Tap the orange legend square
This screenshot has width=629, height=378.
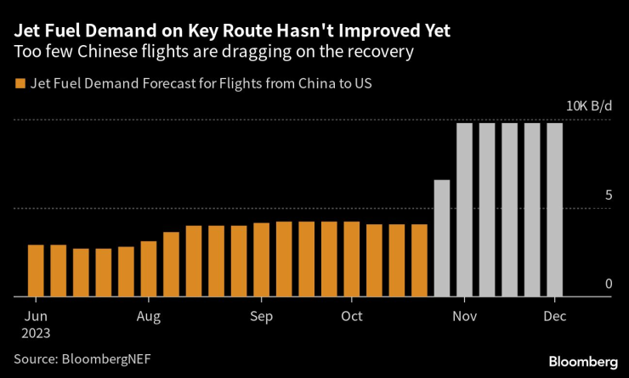(19, 83)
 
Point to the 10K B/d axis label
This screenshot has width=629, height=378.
(589, 106)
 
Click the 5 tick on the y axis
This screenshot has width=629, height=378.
(608, 195)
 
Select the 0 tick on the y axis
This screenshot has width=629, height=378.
(608, 284)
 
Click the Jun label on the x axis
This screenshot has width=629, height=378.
(35, 316)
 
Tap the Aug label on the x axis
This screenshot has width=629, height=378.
(148, 316)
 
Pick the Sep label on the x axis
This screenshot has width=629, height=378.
(261, 316)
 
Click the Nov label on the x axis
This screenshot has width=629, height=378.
(464, 316)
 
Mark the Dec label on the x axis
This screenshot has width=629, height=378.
(554, 316)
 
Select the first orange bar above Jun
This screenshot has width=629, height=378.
(36, 270)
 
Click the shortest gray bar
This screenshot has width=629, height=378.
(442, 238)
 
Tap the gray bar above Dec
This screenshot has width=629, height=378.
(554, 210)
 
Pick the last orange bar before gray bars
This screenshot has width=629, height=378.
(419, 260)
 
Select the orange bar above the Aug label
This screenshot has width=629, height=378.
(149, 268)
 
